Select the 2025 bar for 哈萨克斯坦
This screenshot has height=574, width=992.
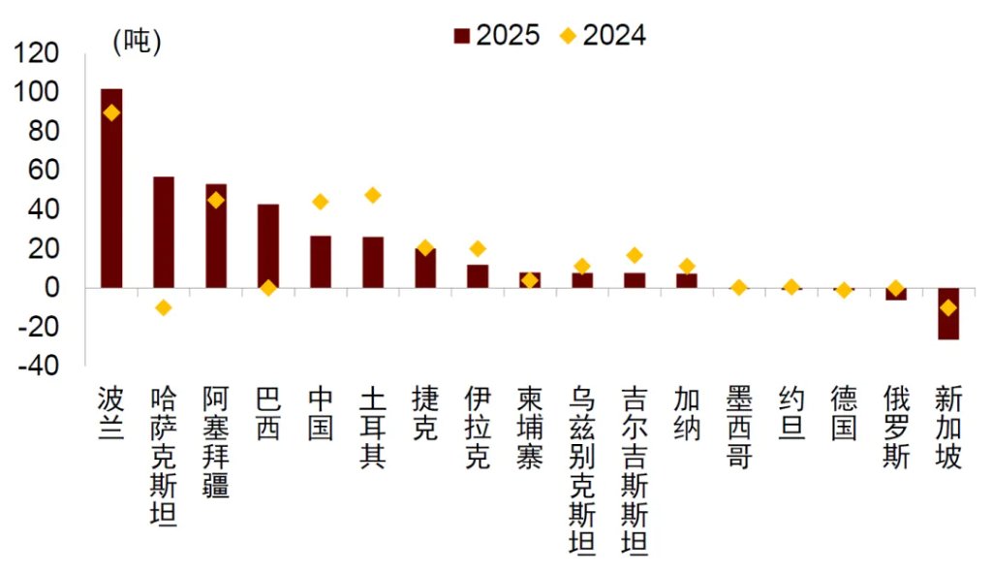pyautogui.click(x=164, y=232)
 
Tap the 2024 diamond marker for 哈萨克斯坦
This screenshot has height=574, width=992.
pyautogui.click(x=164, y=307)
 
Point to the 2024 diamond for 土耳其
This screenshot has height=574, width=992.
pyautogui.click(x=372, y=195)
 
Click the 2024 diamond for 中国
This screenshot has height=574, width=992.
pyautogui.click(x=321, y=202)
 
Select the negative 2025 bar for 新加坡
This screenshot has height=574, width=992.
pyautogui.click(x=947, y=313)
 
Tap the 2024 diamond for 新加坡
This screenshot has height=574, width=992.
pyautogui.click(x=947, y=307)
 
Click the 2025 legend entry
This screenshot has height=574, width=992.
pyautogui.click(x=497, y=36)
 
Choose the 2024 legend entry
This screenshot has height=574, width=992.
pyautogui.click(x=604, y=36)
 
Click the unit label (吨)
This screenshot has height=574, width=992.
pyautogui.click(x=137, y=42)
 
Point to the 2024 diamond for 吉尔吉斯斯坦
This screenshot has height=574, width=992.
pyautogui.click(x=634, y=255)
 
